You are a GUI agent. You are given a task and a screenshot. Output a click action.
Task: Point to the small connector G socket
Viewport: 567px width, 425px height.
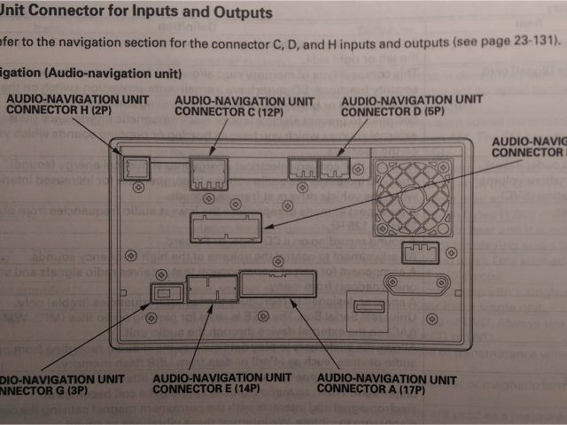click(165, 291)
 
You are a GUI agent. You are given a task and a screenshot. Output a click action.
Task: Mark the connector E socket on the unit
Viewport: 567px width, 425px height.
click(210, 290)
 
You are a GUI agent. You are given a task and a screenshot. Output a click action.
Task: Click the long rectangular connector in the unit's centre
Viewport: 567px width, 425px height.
click(227, 228)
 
